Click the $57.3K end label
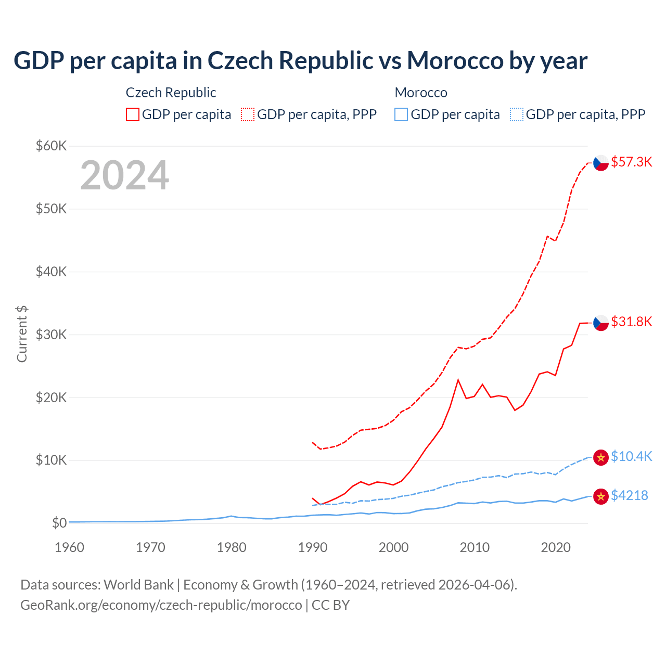(x=631, y=162)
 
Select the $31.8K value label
(x=631, y=322)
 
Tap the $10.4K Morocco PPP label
(x=631, y=457)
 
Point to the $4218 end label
(x=629, y=496)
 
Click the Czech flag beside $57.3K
(x=601, y=163)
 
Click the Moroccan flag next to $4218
(x=601, y=496)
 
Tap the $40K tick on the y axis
(x=51, y=272)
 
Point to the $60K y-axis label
(x=51, y=146)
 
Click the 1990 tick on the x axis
(x=313, y=548)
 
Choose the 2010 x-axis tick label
(x=475, y=548)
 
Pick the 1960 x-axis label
(x=69, y=548)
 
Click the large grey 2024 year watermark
(x=124, y=176)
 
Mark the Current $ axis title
(x=22, y=334)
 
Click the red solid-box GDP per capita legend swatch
(x=133, y=114)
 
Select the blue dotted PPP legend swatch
(x=517, y=114)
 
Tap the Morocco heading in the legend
(x=421, y=93)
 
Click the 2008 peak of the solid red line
(x=458, y=380)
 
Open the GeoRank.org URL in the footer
(x=161, y=605)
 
